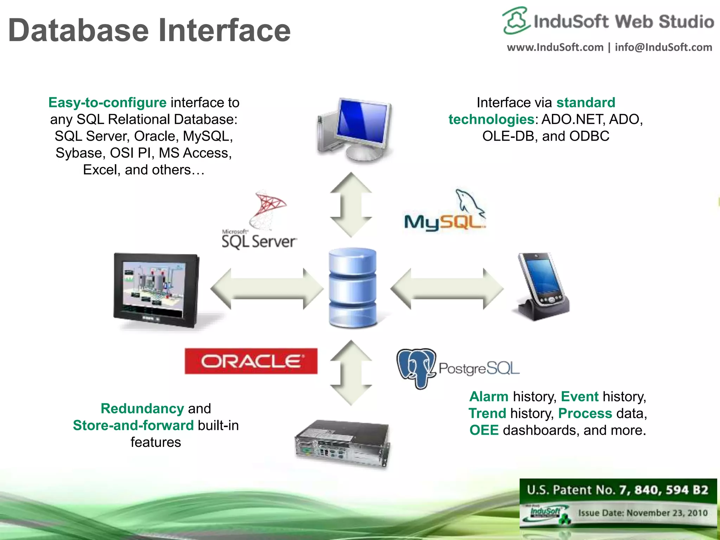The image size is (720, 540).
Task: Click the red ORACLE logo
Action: pos(251,361)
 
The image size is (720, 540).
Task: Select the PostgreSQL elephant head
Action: pos(416,367)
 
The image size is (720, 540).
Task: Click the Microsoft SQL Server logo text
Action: pos(259,241)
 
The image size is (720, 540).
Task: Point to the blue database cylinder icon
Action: pos(352,288)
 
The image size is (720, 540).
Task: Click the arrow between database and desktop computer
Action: pos(351,205)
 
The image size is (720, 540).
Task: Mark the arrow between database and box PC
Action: pos(351,373)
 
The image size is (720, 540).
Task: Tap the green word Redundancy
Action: pos(142,409)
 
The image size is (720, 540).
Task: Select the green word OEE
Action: pos(484,430)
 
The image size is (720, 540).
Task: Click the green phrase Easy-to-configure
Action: pos(107,103)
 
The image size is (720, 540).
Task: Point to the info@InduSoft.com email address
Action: pos(663,47)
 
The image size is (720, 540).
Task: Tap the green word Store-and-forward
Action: pos(133,425)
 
